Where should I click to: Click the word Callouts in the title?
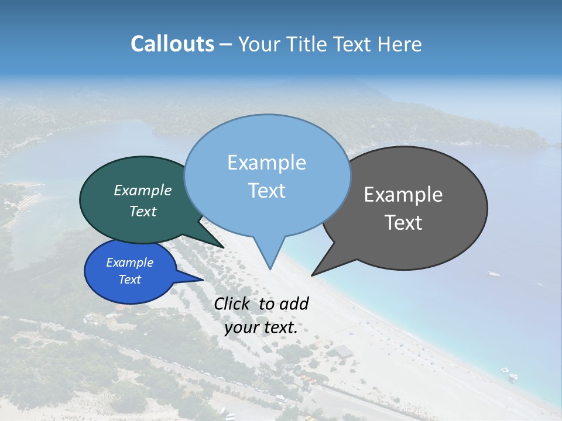point(173,44)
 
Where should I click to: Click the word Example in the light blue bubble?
point(266,163)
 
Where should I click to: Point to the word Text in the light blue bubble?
point(266,191)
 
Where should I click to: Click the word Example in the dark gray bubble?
point(403,195)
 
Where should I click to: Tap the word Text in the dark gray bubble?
point(403,223)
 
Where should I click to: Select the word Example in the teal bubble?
point(143,191)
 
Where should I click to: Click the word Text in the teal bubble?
point(143,211)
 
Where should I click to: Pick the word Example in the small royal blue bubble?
point(129,263)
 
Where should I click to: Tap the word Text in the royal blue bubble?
point(129,279)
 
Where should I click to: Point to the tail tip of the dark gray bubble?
point(313,274)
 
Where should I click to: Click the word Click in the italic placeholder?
point(232,304)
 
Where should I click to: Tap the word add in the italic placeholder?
point(294,304)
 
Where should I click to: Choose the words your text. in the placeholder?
point(261,327)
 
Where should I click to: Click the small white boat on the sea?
point(495,273)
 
